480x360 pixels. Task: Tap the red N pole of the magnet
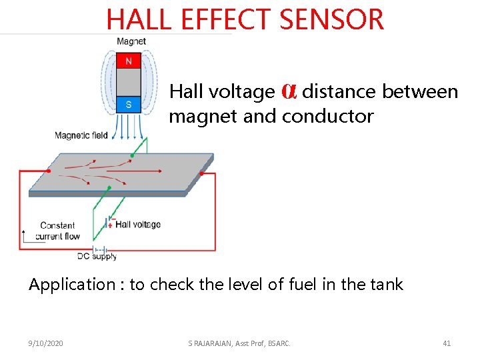[129, 61]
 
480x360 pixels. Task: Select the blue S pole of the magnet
[129, 105]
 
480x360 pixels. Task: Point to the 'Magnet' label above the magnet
[131, 41]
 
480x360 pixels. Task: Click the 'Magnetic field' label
[81, 135]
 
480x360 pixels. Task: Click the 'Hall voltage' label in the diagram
[138, 225]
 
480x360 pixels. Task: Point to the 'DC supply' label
[97, 256]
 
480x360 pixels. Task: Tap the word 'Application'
[71, 285]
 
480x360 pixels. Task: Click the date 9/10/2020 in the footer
[46, 343]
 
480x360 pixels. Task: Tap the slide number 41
[447, 343]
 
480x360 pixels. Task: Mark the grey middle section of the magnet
[129, 83]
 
